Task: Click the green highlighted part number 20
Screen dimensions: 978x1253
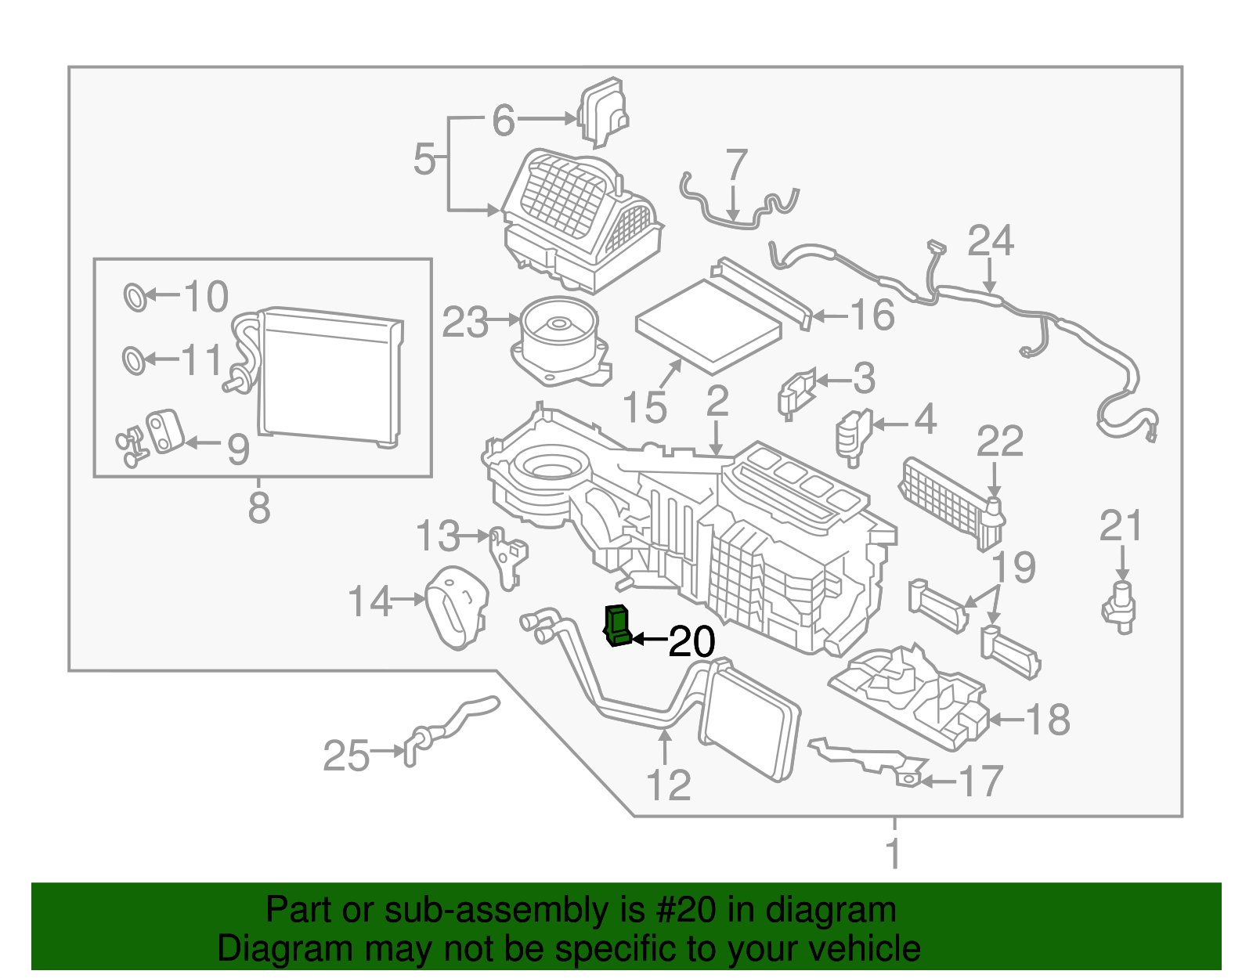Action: [618, 626]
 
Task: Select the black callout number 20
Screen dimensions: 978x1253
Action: [691, 642]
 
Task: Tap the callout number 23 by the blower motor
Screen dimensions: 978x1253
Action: [465, 322]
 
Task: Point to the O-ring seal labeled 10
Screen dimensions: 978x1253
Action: [135, 298]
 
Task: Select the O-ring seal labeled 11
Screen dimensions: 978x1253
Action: [134, 360]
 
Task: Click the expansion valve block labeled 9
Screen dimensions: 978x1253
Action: [164, 431]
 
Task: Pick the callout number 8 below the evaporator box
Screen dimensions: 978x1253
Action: [259, 507]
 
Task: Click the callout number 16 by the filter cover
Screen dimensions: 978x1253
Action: [872, 315]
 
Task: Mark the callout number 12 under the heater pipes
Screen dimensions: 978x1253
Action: [668, 785]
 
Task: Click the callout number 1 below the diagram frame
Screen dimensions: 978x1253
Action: [894, 853]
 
